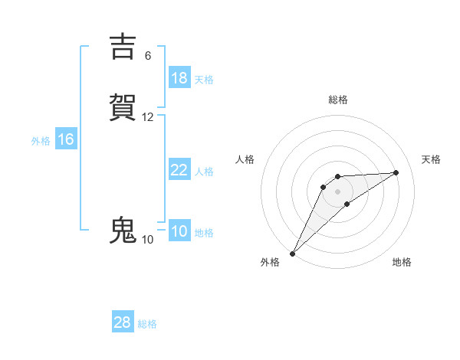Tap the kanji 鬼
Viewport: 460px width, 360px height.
coord(123,231)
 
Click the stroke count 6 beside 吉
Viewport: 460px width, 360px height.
coord(148,56)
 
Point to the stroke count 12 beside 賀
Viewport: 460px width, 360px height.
coord(148,117)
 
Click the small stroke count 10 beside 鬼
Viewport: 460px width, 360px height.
coord(148,240)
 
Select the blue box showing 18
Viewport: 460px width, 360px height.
coord(179,78)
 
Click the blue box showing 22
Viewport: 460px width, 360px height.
coord(179,170)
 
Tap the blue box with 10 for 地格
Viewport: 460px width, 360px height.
coord(179,231)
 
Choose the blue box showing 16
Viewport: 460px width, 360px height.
coord(65,139)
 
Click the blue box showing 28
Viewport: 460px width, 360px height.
coord(122,322)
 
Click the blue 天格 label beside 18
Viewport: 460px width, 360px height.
coord(204,80)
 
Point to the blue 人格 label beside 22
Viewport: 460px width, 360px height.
coord(204,172)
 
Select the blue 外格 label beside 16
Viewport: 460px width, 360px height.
coord(41,141)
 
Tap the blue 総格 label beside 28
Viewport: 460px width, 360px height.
coord(147,324)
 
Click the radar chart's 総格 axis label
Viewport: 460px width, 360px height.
coord(338,100)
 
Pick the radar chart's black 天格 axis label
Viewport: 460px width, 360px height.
coord(432,159)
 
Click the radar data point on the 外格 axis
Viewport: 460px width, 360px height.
coord(292,254)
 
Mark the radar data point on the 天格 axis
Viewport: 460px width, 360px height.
coord(396,172)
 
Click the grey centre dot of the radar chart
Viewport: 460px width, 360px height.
coord(338,191)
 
